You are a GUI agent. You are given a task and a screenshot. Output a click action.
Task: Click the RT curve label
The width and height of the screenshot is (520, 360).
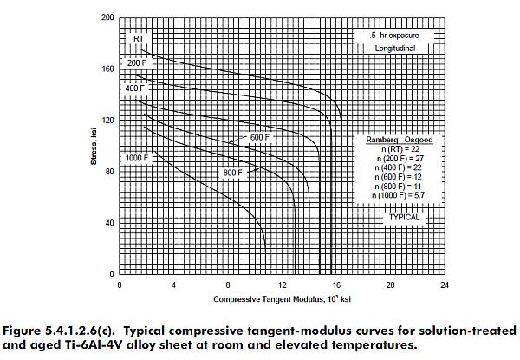click(138, 38)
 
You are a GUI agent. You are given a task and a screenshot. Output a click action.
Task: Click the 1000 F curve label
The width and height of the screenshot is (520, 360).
click(138, 158)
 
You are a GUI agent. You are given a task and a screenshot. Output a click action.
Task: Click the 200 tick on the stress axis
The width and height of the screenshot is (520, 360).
click(108, 17)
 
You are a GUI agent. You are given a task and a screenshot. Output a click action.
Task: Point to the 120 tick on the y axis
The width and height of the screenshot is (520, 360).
click(108, 120)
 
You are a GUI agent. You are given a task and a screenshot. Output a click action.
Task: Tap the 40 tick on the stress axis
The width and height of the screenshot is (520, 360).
click(108, 223)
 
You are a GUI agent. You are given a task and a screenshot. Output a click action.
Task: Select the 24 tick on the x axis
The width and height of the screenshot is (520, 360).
click(444, 285)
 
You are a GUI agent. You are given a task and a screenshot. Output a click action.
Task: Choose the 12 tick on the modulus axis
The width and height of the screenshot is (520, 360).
click(282, 285)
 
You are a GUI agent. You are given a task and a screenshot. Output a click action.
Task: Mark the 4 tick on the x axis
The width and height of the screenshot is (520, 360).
click(173, 285)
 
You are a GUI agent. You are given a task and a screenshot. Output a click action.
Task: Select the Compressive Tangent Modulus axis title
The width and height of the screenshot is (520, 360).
click(280, 299)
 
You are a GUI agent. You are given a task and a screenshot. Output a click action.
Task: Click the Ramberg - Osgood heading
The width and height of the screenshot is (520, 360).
click(400, 139)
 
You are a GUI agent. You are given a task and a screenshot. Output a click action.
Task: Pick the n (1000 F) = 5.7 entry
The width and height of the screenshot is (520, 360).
click(400, 197)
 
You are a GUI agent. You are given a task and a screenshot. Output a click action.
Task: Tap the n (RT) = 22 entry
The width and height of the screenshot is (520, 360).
click(400, 148)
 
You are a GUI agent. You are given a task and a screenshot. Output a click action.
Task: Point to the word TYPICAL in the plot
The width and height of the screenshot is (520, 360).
click(404, 217)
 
